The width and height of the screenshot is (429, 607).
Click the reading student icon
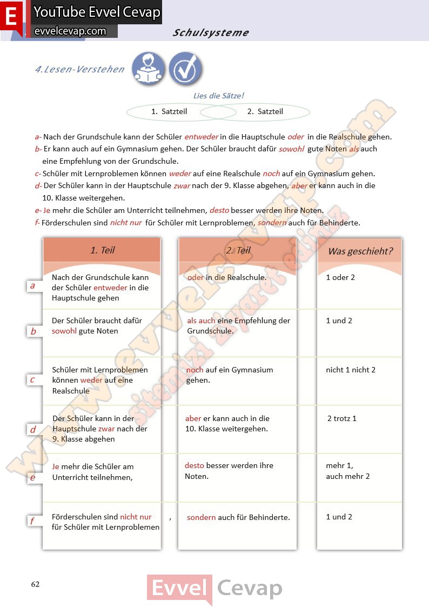coord(149,69)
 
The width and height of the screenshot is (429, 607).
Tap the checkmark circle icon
coord(185,69)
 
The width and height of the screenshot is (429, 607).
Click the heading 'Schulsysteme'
coord(211,32)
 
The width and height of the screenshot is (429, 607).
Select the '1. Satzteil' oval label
coord(170,111)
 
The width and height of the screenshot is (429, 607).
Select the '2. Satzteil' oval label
coord(265,111)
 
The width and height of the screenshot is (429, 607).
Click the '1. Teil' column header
coord(102,250)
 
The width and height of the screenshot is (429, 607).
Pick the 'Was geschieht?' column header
coord(360,251)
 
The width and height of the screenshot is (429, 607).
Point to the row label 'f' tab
coord(33,521)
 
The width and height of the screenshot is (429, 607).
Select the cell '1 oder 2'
coord(340,277)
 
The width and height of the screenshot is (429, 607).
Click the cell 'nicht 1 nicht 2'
coord(351,370)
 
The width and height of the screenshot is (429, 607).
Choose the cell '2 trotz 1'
coord(342,418)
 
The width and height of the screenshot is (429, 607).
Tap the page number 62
coord(35,584)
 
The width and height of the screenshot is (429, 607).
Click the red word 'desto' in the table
coord(195,465)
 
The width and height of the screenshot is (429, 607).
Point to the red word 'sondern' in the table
coord(201,517)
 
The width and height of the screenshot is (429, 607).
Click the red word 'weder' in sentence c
coord(180,174)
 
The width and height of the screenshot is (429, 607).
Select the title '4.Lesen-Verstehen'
coord(79,69)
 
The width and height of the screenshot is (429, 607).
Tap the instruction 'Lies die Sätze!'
coord(219,96)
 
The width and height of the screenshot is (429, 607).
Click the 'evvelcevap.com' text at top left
coord(70,31)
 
